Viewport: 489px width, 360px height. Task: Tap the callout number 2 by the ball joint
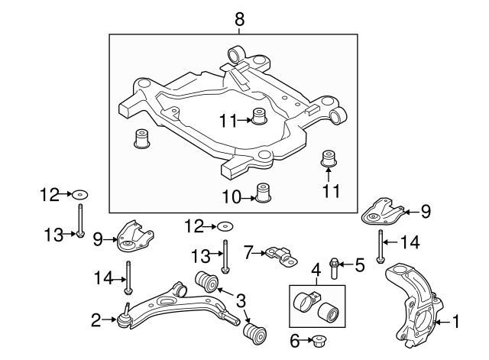pos(96,320)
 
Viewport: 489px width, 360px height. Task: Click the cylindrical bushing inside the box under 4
pos(330,312)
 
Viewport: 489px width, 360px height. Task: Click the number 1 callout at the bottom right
pos(456,323)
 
